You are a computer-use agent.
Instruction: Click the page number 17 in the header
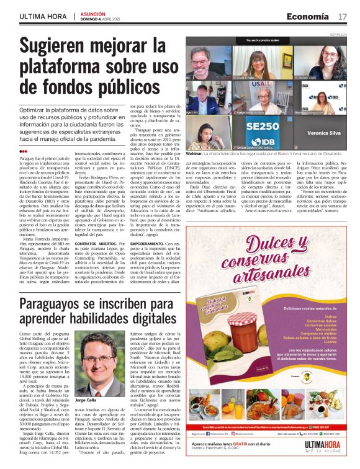click(343, 17)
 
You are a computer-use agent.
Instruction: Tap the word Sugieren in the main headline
click(63, 46)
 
